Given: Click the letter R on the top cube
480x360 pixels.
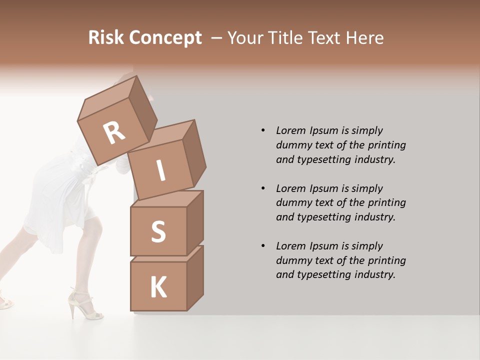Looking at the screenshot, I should coord(114,133).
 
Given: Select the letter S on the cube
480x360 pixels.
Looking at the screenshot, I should coord(158,231).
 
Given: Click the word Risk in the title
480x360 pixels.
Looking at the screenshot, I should coord(105,37).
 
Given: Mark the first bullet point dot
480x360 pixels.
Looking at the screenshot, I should coord(263,130).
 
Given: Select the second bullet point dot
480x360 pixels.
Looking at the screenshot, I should coord(263,188).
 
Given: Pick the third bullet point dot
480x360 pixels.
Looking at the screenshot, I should coord(263,246).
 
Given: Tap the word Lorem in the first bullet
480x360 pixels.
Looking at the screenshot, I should coord(290,130).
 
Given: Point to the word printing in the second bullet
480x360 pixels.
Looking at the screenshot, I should coord(387,202).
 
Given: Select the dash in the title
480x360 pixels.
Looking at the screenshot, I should coord(217,37).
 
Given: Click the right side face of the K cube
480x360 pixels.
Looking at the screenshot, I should coord(195,277).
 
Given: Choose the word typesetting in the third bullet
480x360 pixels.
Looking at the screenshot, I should coord(321,274).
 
